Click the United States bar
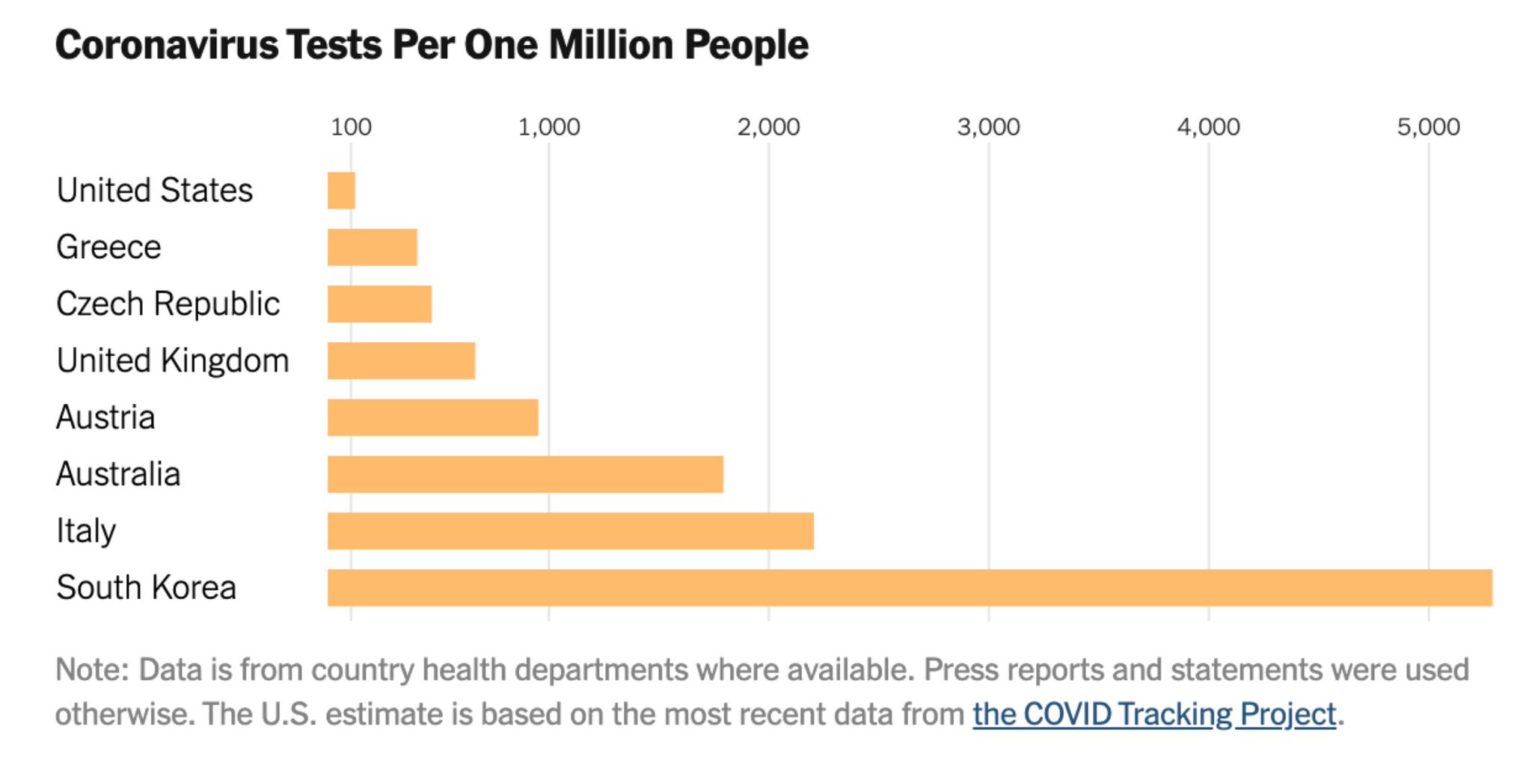(x=341, y=191)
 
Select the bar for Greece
(x=372, y=248)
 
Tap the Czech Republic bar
(x=379, y=304)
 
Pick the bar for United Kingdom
(x=401, y=361)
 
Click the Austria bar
(x=432, y=417)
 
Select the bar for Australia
(x=525, y=474)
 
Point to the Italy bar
(x=570, y=531)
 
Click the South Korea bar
(x=909, y=588)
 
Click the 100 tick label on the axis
(x=351, y=127)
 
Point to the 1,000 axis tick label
(x=548, y=127)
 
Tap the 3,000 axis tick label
(x=988, y=127)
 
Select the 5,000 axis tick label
(x=1428, y=127)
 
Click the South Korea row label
(x=147, y=588)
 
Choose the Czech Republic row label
(x=168, y=304)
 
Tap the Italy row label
(x=86, y=531)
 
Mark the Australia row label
(x=118, y=474)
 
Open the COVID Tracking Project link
(x=1154, y=714)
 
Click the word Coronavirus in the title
(x=167, y=45)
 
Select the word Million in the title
(x=611, y=45)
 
